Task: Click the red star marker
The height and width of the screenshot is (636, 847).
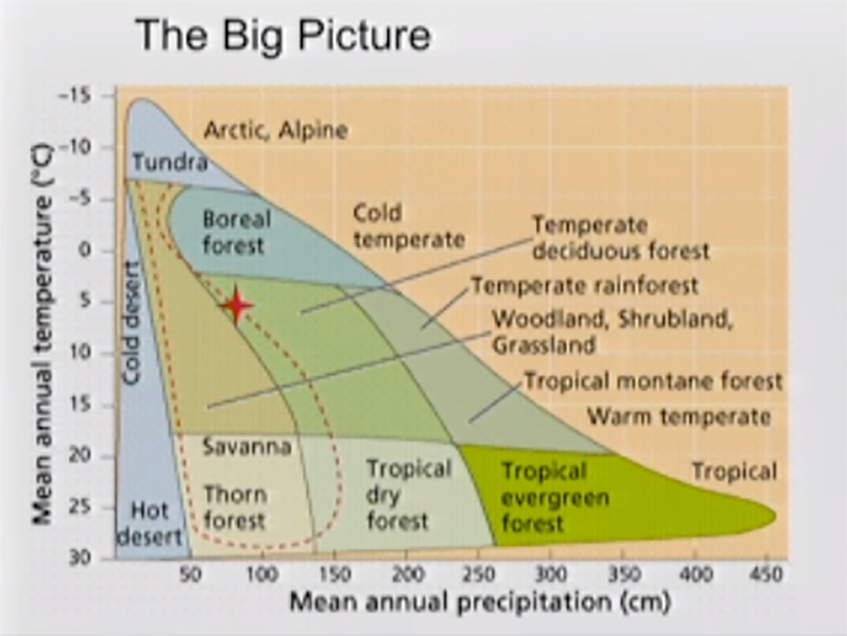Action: (x=236, y=306)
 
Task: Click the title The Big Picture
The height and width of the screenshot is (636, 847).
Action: (x=284, y=35)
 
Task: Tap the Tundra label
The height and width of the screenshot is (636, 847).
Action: (x=170, y=162)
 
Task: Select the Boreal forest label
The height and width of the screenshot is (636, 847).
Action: (x=236, y=232)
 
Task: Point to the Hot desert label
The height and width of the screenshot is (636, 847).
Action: (x=150, y=523)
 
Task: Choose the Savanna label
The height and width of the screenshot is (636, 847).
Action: (x=246, y=446)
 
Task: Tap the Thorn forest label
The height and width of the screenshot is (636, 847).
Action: (x=235, y=507)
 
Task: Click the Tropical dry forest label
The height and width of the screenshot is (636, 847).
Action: (x=408, y=495)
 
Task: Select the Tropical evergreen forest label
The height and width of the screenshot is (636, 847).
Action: (x=555, y=497)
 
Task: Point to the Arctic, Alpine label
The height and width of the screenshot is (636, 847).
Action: (x=275, y=130)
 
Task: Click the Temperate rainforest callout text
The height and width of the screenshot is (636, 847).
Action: (x=585, y=285)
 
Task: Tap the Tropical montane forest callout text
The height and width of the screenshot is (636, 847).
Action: (x=653, y=381)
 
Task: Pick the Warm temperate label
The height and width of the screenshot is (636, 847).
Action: (x=678, y=417)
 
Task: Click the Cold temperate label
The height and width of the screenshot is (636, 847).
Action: (x=409, y=226)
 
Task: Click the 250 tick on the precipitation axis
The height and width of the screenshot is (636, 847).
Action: (x=478, y=573)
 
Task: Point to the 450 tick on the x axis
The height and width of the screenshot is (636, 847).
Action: (x=767, y=573)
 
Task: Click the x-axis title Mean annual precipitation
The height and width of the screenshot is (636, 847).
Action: (x=480, y=601)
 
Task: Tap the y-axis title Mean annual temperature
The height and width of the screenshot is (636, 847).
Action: (x=42, y=335)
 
